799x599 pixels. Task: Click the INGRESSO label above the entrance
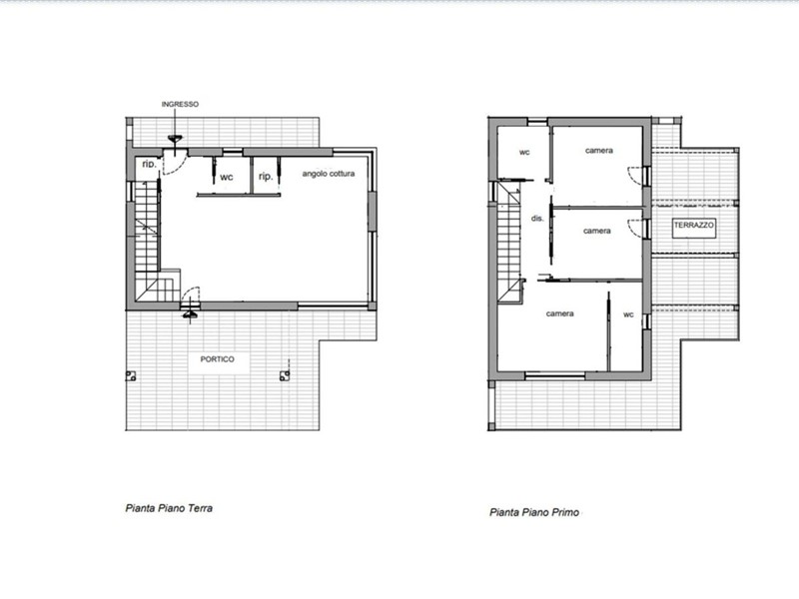pyautogui.click(x=180, y=104)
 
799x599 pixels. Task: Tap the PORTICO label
pyautogui.click(x=217, y=359)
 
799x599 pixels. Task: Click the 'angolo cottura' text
pyautogui.click(x=329, y=174)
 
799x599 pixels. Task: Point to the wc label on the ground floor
pyautogui.click(x=227, y=178)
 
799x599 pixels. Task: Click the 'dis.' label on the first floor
pyautogui.click(x=537, y=218)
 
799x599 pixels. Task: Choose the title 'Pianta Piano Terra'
pyautogui.click(x=169, y=508)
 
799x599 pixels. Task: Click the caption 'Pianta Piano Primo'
pyautogui.click(x=534, y=512)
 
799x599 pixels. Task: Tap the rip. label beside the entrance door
pyautogui.click(x=149, y=164)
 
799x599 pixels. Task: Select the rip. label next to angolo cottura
pyautogui.click(x=266, y=177)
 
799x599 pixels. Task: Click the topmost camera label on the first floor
pyautogui.click(x=598, y=151)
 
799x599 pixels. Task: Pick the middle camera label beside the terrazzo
pyautogui.click(x=596, y=231)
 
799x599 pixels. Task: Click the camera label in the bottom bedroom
pyautogui.click(x=559, y=313)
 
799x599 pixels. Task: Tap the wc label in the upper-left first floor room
pyautogui.click(x=524, y=152)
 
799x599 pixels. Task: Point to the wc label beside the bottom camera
pyautogui.click(x=628, y=314)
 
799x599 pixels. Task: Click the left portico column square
pyautogui.click(x=131, y=376)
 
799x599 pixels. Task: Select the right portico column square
pyautogui.click(x=285, y=376)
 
